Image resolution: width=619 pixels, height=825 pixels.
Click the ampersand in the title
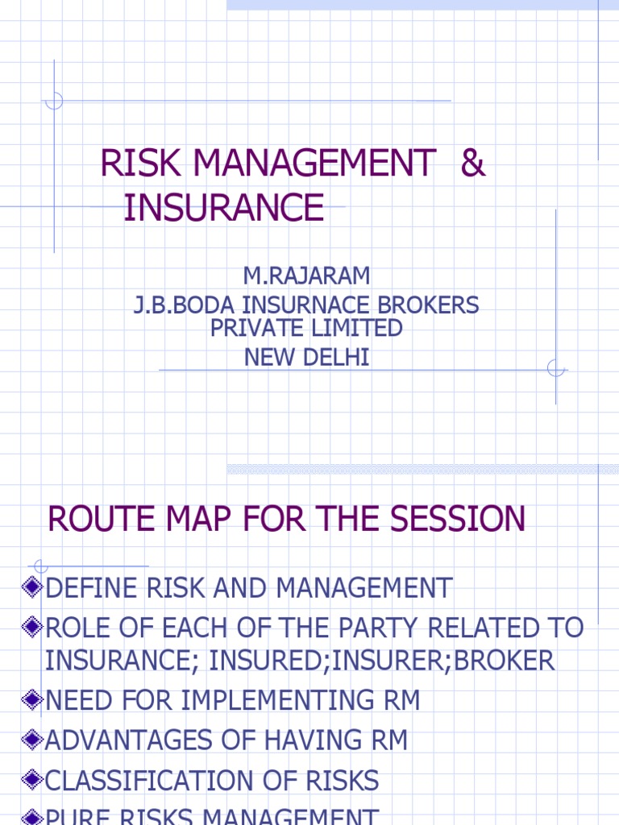(473, 164)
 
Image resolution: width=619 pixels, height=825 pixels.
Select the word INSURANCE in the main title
(224, 208)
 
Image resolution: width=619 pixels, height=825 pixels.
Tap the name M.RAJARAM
(307, 276)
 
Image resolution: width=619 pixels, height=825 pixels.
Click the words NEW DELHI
(307, 358)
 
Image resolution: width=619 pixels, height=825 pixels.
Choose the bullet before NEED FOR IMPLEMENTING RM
(33, 699)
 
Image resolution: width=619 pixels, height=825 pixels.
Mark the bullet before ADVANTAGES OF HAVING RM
(33, 739)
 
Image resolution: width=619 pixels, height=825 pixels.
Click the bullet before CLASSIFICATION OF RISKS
(33, 779)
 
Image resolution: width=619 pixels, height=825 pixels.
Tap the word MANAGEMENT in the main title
(314, 164)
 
